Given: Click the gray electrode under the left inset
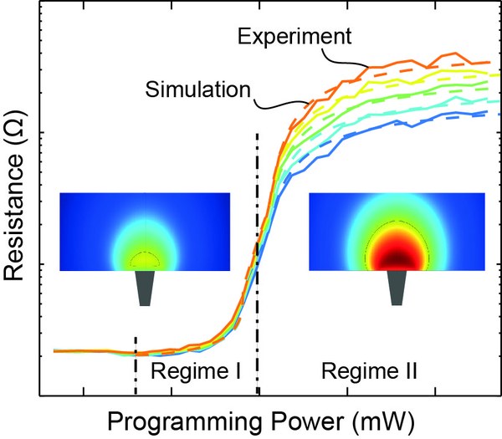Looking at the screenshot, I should pos(145,288).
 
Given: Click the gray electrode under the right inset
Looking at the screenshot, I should pos(395,288).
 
